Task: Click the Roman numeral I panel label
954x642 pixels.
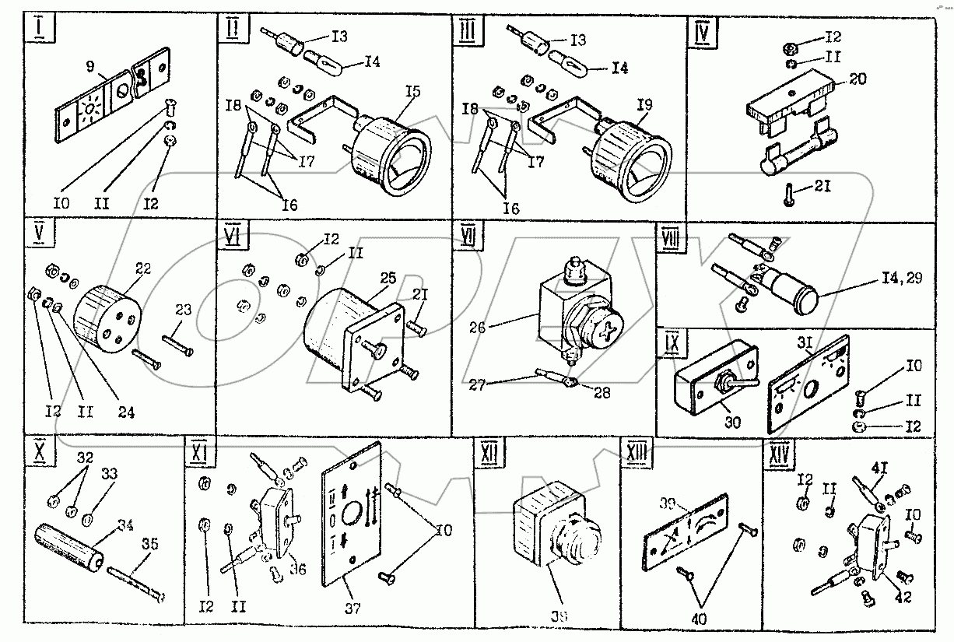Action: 37,30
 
